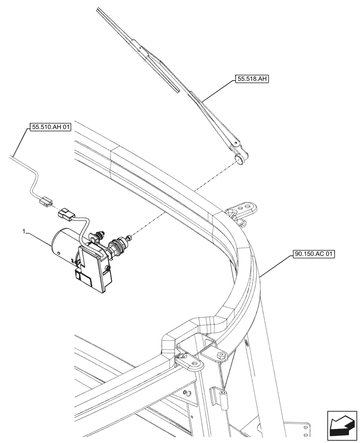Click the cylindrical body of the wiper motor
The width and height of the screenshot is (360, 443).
[64, 244]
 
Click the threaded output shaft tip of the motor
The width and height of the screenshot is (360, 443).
[129, 238]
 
